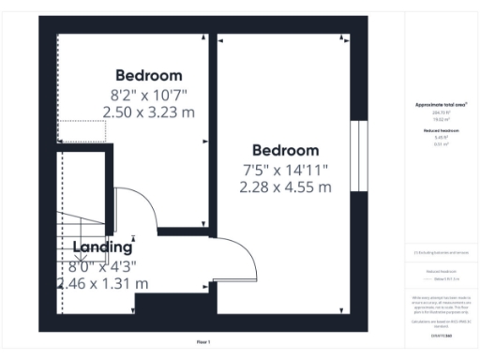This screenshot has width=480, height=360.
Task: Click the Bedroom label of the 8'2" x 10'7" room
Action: point(148,75)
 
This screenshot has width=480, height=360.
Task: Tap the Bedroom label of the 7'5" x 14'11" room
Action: point(285,150)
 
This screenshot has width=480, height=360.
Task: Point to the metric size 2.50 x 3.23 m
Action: point(148,111)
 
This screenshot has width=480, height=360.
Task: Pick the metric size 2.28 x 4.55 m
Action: point(285,187)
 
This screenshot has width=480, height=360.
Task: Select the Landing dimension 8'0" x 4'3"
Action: point(103,265)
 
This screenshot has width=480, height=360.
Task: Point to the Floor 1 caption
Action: point(202,342)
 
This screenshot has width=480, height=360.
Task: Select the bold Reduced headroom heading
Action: point(441,131)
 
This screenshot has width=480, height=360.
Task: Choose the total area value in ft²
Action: point(441,112)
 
